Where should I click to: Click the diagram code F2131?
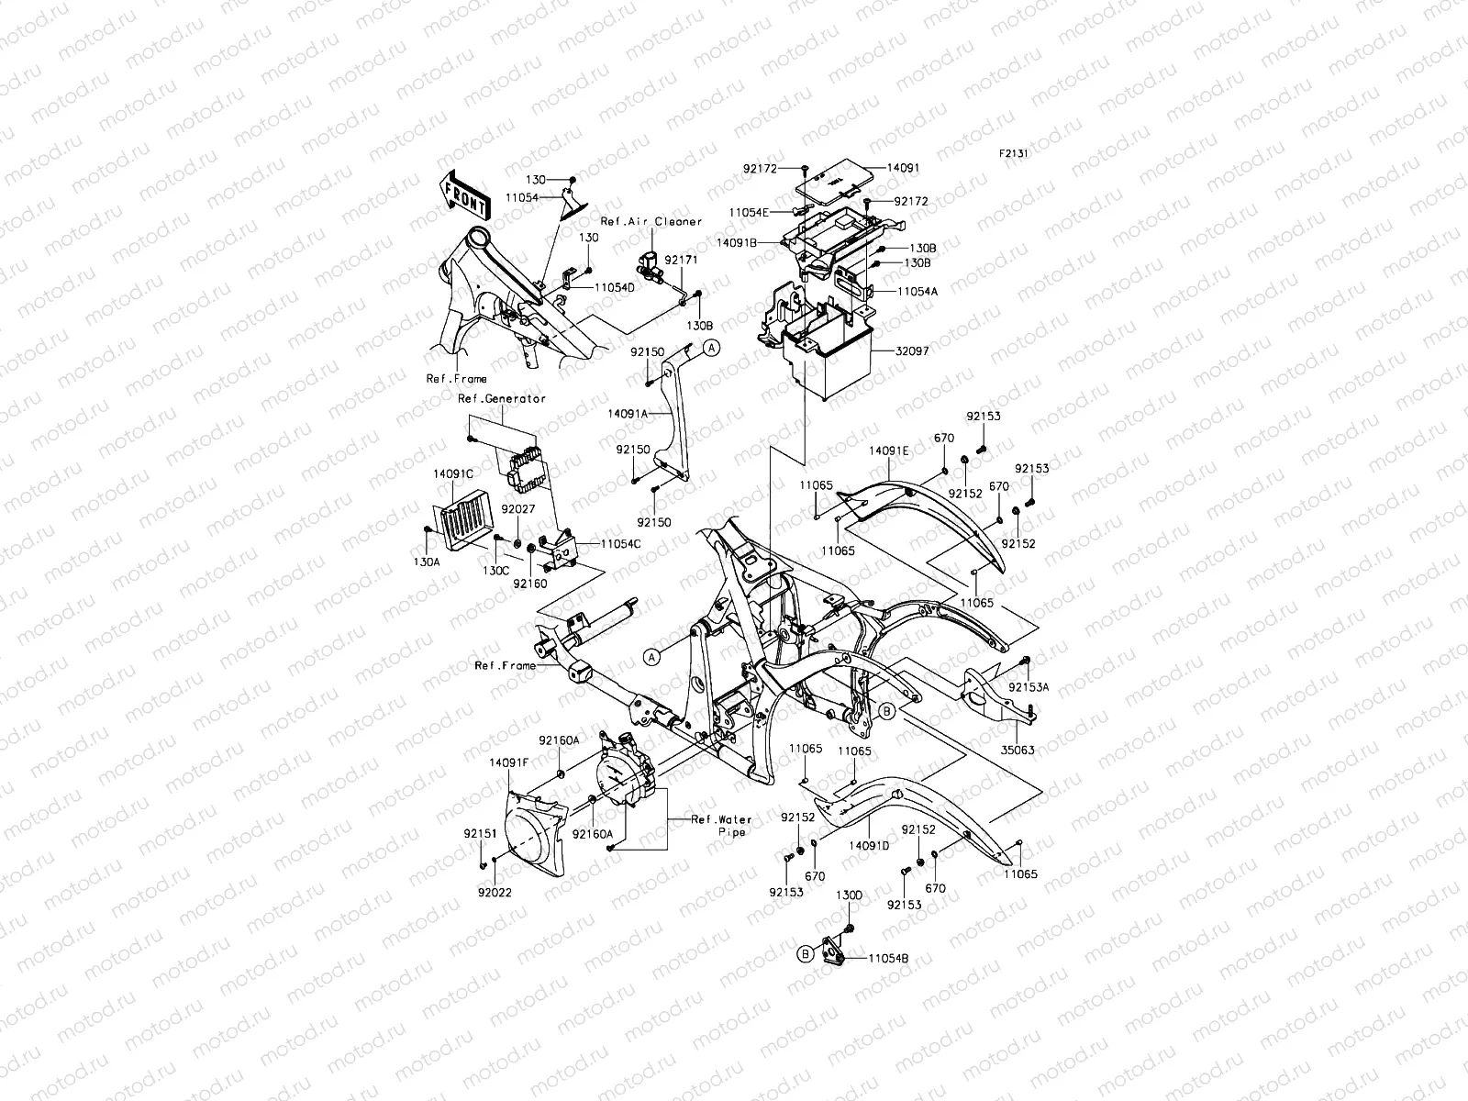coord(1014,154)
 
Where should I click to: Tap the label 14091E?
coord(889,451)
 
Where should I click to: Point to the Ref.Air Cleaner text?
coord(651,221)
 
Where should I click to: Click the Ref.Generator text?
coord(502,398)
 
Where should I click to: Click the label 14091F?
coord(506,762)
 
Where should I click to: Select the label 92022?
coord(495,890)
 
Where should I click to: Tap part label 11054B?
coord(887,958)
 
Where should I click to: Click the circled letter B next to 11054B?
coord(805,954)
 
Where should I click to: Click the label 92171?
coord(681,261)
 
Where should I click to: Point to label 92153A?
coord(1029,686)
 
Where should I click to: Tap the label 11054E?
coord(750,212)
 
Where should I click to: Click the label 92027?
coord(517,507)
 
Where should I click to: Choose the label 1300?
coord(849,895)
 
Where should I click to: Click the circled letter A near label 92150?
coord(711,347)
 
